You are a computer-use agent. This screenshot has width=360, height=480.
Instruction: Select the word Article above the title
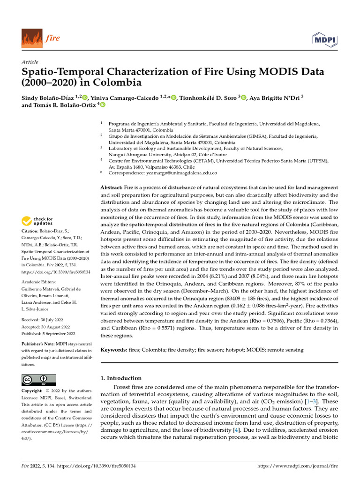click(x=30, y=62)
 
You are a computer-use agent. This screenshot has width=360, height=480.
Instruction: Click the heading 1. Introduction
click(x=121, y=378)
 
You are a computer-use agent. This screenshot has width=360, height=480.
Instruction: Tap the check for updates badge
click(x=37, y=221)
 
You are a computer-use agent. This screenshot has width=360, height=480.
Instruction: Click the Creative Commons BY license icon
click(x=38, y=380)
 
